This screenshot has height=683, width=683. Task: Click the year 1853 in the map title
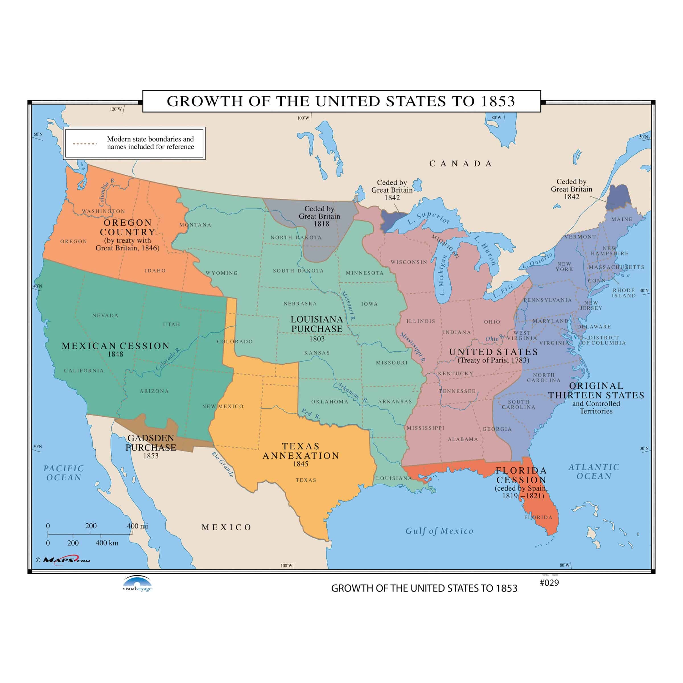(498, 102)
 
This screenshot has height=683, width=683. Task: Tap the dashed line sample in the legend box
(85, 143)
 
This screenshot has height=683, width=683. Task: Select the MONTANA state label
(195, 225)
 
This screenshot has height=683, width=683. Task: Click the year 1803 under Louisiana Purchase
(317, 339)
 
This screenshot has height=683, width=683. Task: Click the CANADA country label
(461, 164)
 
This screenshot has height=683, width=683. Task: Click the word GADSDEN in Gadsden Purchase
(151, 438)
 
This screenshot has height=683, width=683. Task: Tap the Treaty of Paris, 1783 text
(493, 360)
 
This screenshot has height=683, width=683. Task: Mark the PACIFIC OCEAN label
(64, 473)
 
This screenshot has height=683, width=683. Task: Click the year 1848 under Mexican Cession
(115, 354)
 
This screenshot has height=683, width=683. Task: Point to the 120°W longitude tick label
(115, 109)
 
